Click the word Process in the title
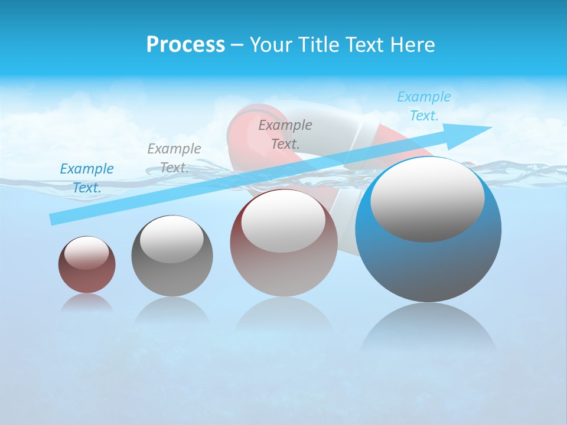pyautogui.click(x=185, y=45)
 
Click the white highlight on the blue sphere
pyautogui.click(x=427, y=199)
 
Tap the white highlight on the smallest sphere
pyautogui.click(x=86, y=253)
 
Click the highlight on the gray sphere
pyautogui.click(x=171, y=239)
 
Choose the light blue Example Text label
pyautogui.click(x=423, y=106)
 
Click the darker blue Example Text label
pyautogui.click(x=87, y=178)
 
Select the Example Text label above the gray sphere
pyautogui.click(x=174, y=158)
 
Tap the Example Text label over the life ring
pyautogui.click(x=285, y=134)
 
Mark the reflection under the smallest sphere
pyautogui.click(x=87, y=303)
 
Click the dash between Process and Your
pyautogui.click(x=237, y=45)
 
